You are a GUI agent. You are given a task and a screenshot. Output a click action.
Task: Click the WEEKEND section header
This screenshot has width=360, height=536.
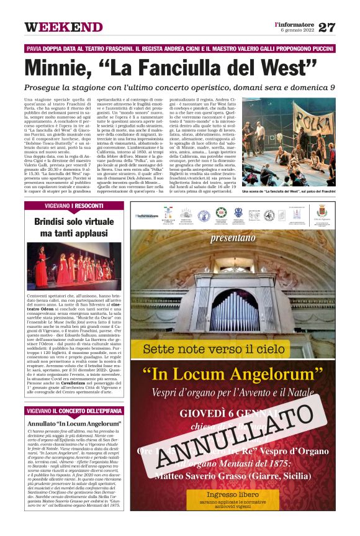[x=63, y=27]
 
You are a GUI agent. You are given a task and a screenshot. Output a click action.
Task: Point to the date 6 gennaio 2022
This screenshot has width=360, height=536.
[x=297, y=30]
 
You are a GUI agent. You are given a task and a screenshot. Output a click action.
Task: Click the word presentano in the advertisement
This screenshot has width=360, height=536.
[x=233, y=237]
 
